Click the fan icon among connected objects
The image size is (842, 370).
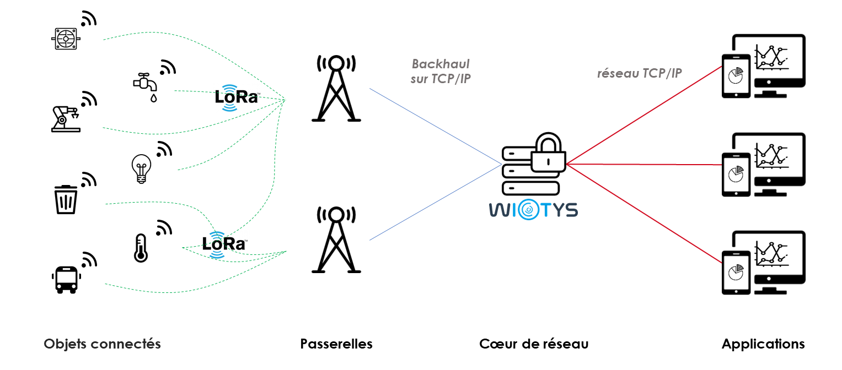tap(66, 39)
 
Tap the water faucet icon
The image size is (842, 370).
tap(146, 85)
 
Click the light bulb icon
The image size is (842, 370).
tap(141, 167)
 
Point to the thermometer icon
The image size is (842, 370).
tap(141, 247)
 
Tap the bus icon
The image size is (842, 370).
tap(66, 280)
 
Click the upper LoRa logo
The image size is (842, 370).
tap(237, 97)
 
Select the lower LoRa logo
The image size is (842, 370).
tap(223, 243)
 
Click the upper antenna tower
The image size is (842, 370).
tap(336, 88)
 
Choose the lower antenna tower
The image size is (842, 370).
tap(336, 239)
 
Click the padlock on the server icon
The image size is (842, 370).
tap(548, 153)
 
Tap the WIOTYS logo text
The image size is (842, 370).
tap(533, 210)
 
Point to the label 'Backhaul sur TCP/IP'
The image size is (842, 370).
tap(440, 72)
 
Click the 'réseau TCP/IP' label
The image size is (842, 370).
tap(640, 74)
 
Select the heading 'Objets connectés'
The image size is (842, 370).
tap(102, 344)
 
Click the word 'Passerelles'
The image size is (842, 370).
tap(336, 344)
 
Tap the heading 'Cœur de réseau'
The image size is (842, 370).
tap(534, 344)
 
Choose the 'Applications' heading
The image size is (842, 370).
tap(763, 344)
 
